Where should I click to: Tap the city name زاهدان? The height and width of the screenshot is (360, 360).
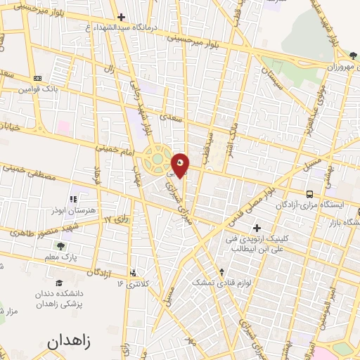click(69, 342)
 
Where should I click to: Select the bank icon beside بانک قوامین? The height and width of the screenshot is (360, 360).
click(37, 78)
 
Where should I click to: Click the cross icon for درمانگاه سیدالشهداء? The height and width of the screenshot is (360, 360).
click(121, 16)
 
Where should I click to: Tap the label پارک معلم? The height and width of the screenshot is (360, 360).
click(63, 258)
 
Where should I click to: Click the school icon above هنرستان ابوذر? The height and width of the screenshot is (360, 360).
click(73, 200)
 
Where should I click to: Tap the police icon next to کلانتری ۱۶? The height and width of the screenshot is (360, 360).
click(132, 274)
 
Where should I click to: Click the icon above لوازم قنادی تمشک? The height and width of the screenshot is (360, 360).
click(222, 271)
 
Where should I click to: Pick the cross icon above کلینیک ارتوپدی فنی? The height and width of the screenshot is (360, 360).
click(257, 228)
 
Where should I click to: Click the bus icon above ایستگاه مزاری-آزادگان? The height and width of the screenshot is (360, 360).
click(309, 193)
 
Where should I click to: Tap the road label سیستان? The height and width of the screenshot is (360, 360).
click(271, 77)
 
